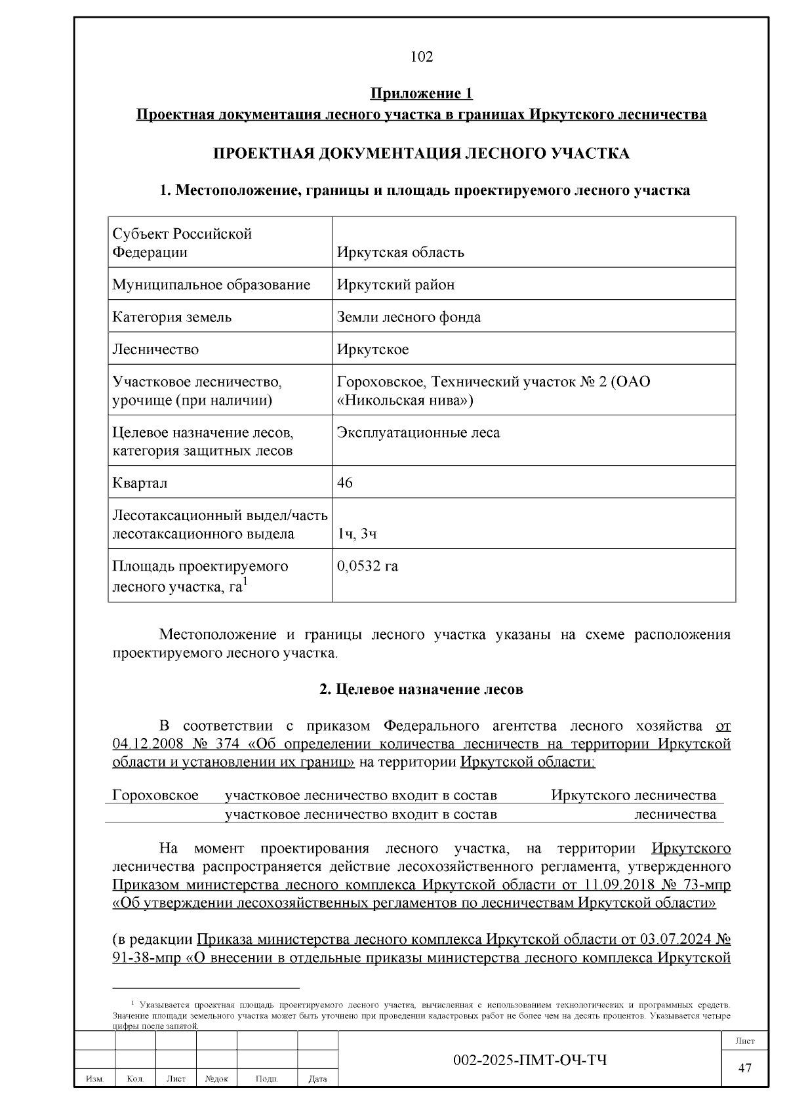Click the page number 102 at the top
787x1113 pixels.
click(421, 57)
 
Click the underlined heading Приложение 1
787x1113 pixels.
click(421, 94)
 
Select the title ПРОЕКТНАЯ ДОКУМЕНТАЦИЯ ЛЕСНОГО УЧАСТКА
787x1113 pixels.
click(421, 153)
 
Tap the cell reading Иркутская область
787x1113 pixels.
click(400, 253)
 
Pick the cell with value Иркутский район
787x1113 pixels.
click(395, 285)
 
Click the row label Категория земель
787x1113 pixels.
click(172, 317)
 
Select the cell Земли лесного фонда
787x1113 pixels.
click(409, 317)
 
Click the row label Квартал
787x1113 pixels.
click(140, 483)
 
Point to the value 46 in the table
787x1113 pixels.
click(344, 483)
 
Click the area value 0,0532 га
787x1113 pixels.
click(367, 566)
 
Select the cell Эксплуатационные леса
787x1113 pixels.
click(418, 433)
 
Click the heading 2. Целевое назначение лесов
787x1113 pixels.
click(421, 689)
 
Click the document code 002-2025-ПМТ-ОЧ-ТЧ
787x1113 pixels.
click(530, 1061)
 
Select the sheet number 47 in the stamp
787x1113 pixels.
click(744, 1068)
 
